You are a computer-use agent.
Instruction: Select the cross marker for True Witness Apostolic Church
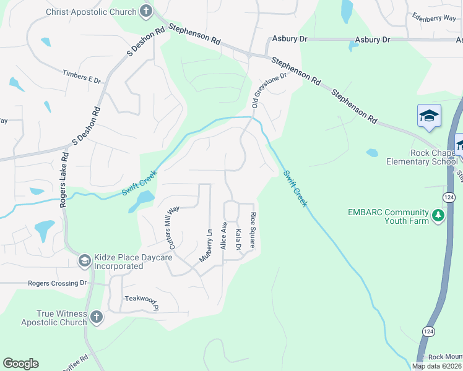click(x=96, y=318)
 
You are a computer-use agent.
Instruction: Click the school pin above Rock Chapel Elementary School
click(x=429, y=116)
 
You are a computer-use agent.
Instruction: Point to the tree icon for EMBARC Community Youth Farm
click(x=439, y=215)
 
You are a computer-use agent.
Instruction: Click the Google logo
click(x=20, y=364)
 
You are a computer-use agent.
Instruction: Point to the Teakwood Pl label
click(x=142, y=303)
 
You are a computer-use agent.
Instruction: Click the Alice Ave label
click(x=224, y=236)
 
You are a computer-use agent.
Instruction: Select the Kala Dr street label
click(x=238, y=239)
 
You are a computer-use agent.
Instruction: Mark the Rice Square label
click(x=253, y=230)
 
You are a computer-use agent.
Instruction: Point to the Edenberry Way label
click(x=433, y=19)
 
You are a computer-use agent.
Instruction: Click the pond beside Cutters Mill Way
click(x=142, y=200)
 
